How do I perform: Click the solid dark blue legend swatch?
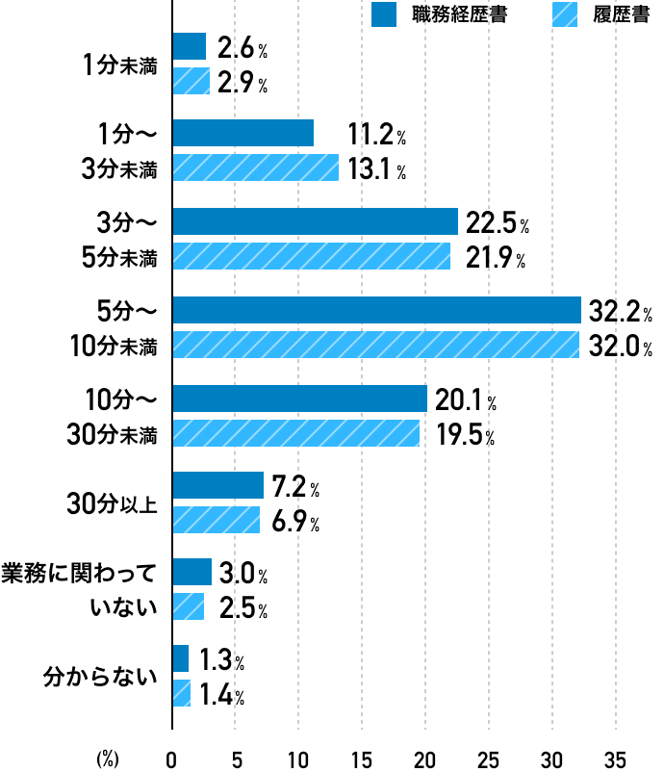[384, 14]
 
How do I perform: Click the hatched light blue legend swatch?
[565, 14]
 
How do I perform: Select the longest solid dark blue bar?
[377, 310]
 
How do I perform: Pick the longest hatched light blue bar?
[376, 345]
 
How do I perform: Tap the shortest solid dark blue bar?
[181, 658]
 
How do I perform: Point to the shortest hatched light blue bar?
[182, 693]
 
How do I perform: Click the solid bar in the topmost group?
[190, 46]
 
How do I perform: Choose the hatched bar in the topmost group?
[192, 81]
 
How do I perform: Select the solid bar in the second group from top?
[243, 133]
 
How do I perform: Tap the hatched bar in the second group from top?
[256, 167]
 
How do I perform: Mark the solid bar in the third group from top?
[316, 221]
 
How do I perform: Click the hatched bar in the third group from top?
[312, 256]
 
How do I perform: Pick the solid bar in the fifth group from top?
[300, 399]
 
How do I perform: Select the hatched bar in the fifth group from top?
[296, 433]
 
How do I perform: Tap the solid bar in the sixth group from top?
[218, 485]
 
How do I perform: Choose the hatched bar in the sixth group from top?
[217, 520]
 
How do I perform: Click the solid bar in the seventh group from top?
[192, 572]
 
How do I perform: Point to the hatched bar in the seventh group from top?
[189, 606]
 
